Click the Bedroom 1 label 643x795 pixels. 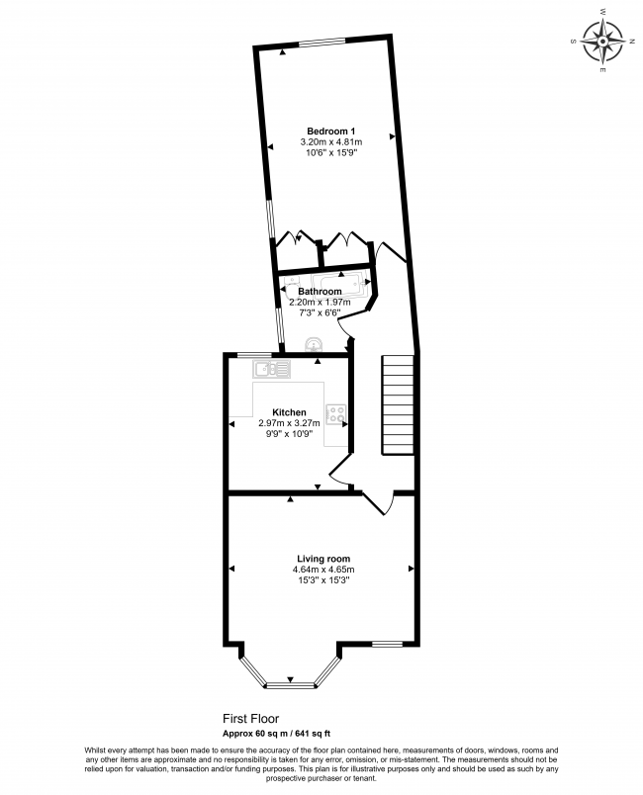point(330,132)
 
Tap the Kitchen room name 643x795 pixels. point(290,412)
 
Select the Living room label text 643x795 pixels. point(322,559)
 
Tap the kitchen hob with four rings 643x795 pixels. point(337,415)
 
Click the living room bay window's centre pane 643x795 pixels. point(290,683)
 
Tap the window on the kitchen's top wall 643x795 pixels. point(255,354)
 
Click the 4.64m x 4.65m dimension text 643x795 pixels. point(322,570)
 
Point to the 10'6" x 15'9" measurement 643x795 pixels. point(330,153)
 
